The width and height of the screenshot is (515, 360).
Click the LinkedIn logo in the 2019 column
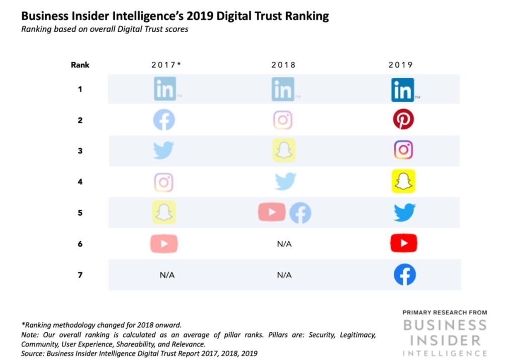click(403, 89)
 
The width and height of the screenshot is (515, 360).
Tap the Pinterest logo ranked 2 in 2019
click(403, 120)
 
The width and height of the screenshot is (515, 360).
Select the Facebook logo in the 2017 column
click(163, 120)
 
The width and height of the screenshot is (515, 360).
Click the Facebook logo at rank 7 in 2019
click(404, 275)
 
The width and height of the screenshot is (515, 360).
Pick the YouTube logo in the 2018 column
click(272, 213)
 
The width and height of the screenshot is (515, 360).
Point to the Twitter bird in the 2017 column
click(163, 151)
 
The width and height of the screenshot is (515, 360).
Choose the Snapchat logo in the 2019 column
click(403, 182)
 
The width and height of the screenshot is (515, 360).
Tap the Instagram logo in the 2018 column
click(283, 120)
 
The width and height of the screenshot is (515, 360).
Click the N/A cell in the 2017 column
click(167, 275)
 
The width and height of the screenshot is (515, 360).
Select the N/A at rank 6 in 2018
click(284, 244)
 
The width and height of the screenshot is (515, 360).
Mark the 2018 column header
click(284, 65)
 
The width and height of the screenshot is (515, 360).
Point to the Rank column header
click(80, 65)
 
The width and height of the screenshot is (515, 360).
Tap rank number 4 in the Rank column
click(80, 182)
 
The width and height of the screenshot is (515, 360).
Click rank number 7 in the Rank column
click(80, 275)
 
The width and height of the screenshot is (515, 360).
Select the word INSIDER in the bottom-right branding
click(445, 340)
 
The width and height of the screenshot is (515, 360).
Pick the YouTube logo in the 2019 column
click(404, 244)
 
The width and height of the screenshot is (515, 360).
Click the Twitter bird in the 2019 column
click(404, 213)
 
